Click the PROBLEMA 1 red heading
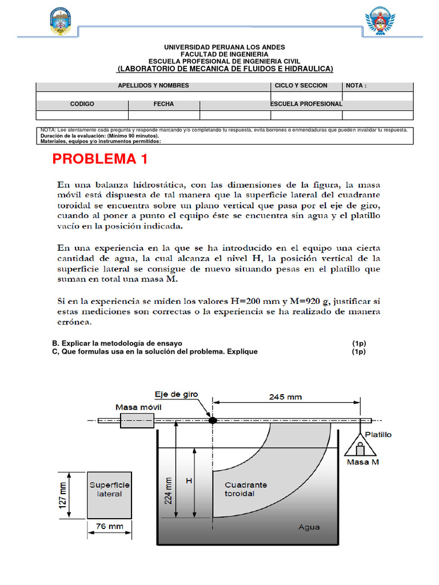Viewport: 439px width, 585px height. tap(100, 159)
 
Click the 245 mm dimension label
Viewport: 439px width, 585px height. tap(285, 396)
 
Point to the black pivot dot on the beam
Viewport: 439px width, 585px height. tap(213, 420)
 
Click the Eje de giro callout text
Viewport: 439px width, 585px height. tap(176, 394)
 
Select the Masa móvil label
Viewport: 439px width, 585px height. tap(139, 407)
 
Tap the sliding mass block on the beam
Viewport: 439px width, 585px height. tap(137, 421)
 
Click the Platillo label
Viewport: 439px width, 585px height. tap(378, 434)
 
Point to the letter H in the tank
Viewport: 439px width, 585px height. tap(188, 481)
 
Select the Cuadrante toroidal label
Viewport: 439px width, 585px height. tap(245, 489)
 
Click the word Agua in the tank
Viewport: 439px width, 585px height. tap(309, 527)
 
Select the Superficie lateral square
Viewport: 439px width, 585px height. tap(109, 494)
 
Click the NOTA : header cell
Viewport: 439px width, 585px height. tap(377, 86)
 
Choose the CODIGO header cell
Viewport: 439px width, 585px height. tap(82, 104)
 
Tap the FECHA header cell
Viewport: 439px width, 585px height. tap(163, 104)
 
